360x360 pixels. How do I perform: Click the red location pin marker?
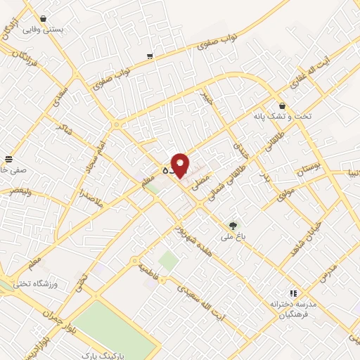[x=181, y=165]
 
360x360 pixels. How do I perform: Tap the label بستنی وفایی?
[x=44, y=30]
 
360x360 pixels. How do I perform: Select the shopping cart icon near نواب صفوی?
[x=150, y=56]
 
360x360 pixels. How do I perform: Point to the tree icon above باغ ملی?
[x=233, y=225]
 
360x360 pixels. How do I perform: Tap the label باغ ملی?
[x=233, y=237]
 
